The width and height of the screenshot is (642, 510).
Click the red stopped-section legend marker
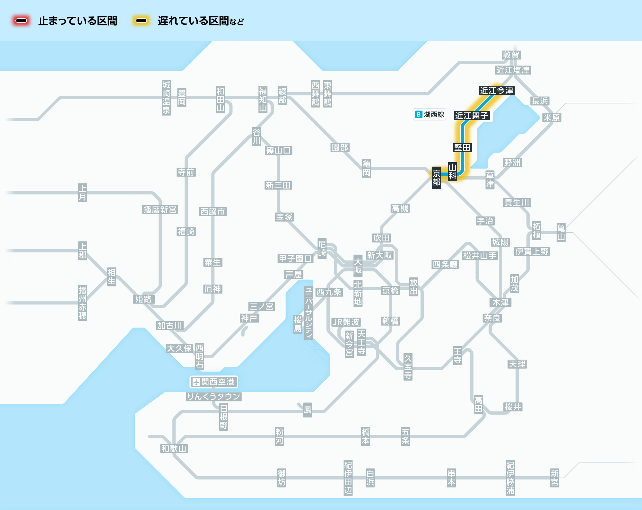pyautogui.click(x=21, y=21)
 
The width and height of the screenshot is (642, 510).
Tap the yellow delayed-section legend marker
pyautogui.click(x=141, y=21)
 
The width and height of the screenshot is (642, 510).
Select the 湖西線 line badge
pyautogui.click(x=429, y=114)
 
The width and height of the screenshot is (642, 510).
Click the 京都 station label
pyautogui.click(x=436, y=178)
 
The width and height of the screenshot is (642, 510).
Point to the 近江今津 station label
pyautogui.click(x=497, y=91)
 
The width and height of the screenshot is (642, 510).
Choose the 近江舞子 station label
pyautogui.click(x=472, y=116)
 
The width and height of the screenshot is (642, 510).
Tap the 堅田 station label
pyautogui.click(x=462, y=148)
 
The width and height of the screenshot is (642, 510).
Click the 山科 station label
pyautogui.click(x=452, y=171)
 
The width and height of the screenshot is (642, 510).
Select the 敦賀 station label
pyautogui.click(x=511, y=55)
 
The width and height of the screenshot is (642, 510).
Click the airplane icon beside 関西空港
pyautogui.click(x=196, y=382)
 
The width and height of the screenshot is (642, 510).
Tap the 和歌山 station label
pyautogui.click(x=174, y=448)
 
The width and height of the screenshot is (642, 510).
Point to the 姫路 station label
pyautogui.click(x=143, y=299)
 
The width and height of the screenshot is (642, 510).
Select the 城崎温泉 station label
pyautogui.click(x=166, y=98)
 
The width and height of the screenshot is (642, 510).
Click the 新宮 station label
pyautogui.click(x=554, y=478)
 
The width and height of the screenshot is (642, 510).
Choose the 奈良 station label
pyautogui.click(x=492, y=318)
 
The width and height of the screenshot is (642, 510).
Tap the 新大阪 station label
pyautogui.click(x=379, y=255)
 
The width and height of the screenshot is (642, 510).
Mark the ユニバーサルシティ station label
pyautogui.click(x=308, y=313)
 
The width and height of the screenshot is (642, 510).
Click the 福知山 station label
pyautogui.click(x=263, y=99)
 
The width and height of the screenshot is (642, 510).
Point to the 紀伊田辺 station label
pyautogui.click(x=348, y=478)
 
